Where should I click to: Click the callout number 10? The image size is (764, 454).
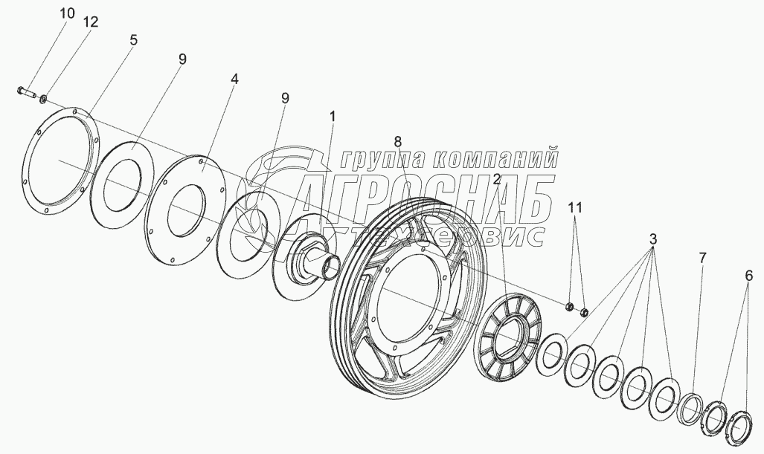click(x=67, y=13)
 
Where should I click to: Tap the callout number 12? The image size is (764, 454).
click(x=91, y=22)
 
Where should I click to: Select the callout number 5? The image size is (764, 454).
click(x=133, y=40)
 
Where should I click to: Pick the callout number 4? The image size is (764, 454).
click(x=234, y=77)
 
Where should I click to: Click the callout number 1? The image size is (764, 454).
click(x=333, y=116)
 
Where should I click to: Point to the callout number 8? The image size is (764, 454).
click(x=398, y=140)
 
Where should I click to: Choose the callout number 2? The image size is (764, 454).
click(x=495, y=178)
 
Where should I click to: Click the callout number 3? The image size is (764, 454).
click(x=652, y=240)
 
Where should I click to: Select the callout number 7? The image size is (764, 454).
click(x=702, y=258)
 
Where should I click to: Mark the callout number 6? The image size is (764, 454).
click(x=749, y=275)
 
